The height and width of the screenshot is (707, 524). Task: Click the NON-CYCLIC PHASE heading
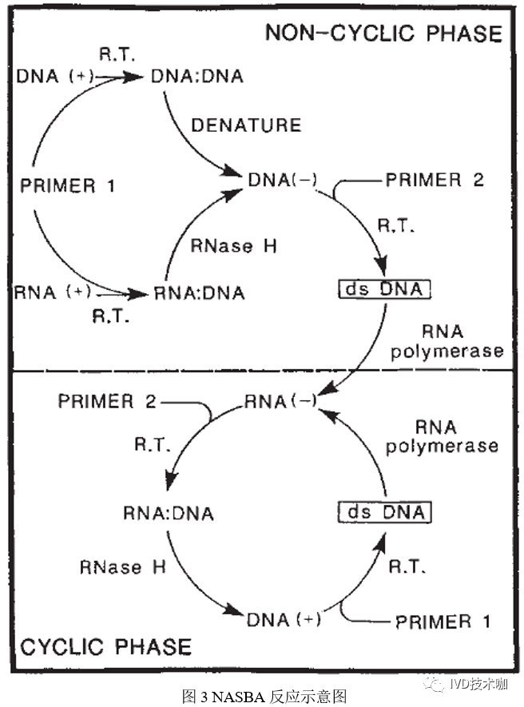(383, 34)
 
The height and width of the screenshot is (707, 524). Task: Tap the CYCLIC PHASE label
(105, 646)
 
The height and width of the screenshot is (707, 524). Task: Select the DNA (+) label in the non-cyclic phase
(54, 77)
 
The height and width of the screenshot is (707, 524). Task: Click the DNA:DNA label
(196, 77)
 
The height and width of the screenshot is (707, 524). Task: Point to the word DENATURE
(246, 125)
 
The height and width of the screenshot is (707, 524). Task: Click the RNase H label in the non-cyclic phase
(233, 246)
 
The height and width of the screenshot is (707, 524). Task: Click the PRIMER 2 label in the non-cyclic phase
(435, 180)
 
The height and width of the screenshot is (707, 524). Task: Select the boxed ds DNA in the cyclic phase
(385, 512)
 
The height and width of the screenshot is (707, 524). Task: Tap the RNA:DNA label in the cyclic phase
(169, 513)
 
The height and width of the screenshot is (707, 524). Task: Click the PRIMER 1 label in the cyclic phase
(443, 621)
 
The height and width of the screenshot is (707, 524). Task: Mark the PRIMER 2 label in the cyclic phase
(107, 400)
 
